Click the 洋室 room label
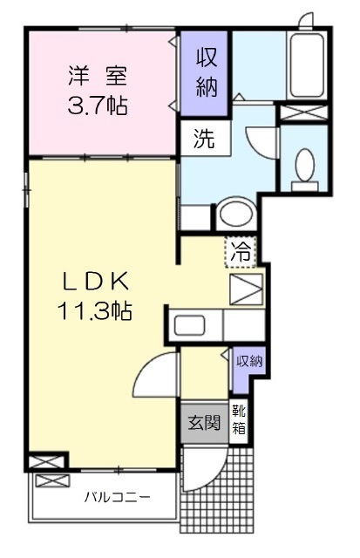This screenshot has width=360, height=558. click(98, 76)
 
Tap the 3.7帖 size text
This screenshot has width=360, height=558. click(98, 105)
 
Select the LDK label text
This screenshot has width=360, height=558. click(95, 281)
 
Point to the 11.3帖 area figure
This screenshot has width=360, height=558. click(95, 310)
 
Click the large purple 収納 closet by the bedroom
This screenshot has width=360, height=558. click(204, 73)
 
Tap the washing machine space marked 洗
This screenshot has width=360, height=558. click(205, 138)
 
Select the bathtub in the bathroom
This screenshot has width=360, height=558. click(308, 65)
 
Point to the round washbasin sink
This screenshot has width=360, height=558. click(236, 214)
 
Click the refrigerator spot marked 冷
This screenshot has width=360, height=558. click(241, 252)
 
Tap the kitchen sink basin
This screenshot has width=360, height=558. click(189, 325)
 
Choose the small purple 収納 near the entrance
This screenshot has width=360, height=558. click(249, 368)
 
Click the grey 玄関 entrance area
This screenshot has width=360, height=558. click(205, 423)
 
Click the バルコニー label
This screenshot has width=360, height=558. click(117, 497)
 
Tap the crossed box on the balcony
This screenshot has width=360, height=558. click(52, 481)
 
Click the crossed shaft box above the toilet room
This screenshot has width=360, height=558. click(303, 112)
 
